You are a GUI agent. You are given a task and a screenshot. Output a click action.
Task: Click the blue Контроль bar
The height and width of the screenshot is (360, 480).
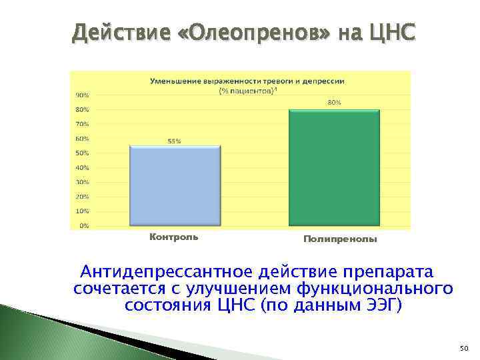click(x=175, y=185)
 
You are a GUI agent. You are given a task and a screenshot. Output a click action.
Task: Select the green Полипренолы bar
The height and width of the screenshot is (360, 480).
click(x=334, y=167)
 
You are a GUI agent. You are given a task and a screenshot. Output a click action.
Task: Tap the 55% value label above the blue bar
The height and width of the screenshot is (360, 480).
click(x=174, y=141)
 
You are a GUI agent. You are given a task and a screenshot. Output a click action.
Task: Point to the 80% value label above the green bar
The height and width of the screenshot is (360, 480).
click(x=334, y=103)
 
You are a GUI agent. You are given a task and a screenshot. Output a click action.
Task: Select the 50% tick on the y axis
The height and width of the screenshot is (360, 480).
click(x=81, y=153)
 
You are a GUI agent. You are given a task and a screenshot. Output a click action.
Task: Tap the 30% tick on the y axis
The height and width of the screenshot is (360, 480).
click(x=81, y=182)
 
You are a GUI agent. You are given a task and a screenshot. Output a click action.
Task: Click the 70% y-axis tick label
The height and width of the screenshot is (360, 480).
click(x=81, y=124)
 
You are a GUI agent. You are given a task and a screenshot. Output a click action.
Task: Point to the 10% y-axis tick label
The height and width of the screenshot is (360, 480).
click(x=81, y=211)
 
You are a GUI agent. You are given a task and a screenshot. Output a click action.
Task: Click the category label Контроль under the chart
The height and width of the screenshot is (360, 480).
click(x=173, y=237)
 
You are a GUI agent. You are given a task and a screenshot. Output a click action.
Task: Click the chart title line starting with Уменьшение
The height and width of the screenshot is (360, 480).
click(x=247, y=81)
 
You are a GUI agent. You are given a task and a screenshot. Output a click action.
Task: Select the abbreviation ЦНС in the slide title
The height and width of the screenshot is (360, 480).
click(x=389, y=31)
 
